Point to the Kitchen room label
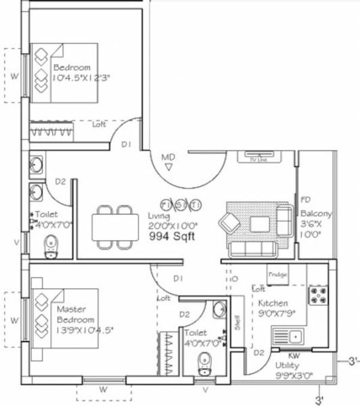[x=273, y=304]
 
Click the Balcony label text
[x=317, y=214]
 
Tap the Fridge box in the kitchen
[x=277, y=275]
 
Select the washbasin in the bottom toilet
[x=218, y=311]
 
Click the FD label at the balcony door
[x=306, y=200]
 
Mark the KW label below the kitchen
[x=294, y=355]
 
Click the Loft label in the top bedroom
[x=99, y=125]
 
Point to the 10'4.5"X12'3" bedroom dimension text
[x=81, y=77]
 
